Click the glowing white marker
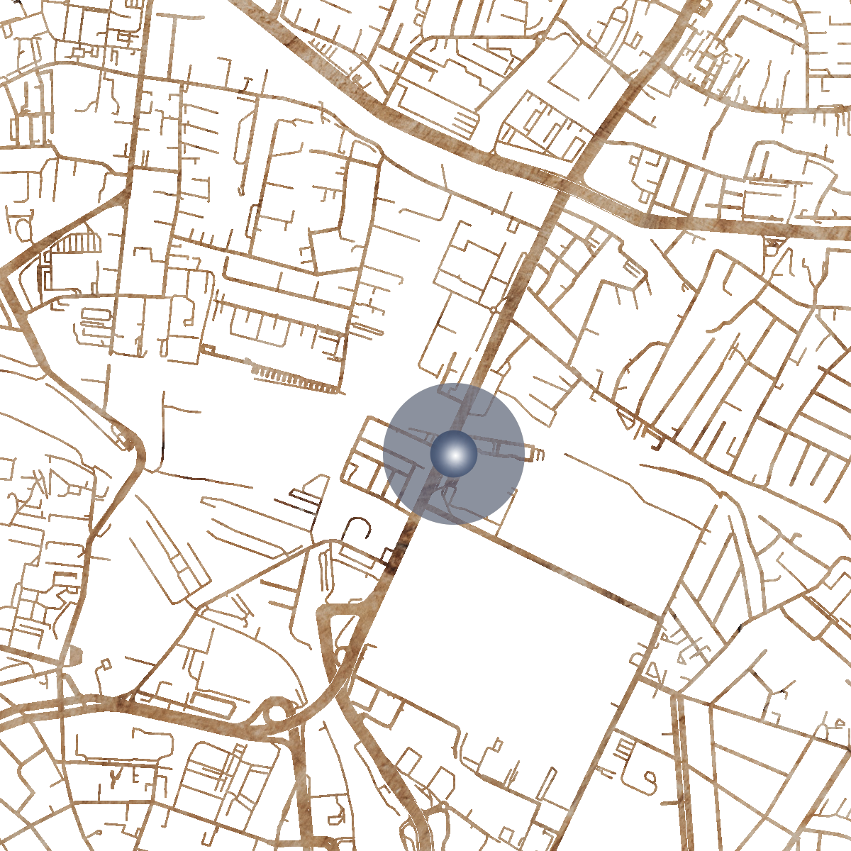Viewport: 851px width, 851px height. pyautogui.click(x=454, y=454)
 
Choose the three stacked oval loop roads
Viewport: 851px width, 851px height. pyautogui.click(x=96, y=323)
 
